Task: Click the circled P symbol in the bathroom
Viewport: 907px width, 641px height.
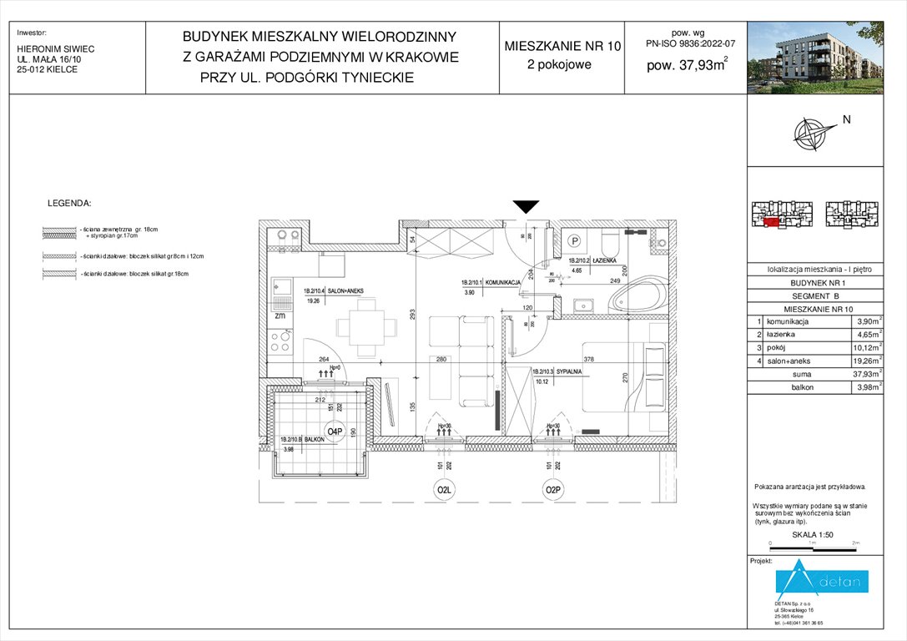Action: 574,240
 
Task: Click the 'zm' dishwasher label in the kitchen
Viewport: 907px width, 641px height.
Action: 280,316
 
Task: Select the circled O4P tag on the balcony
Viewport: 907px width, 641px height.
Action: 335,432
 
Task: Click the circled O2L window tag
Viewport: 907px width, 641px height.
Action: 441,490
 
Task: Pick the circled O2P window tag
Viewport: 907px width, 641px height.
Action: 552,490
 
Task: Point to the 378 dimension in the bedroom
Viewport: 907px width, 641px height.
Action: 589,360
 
